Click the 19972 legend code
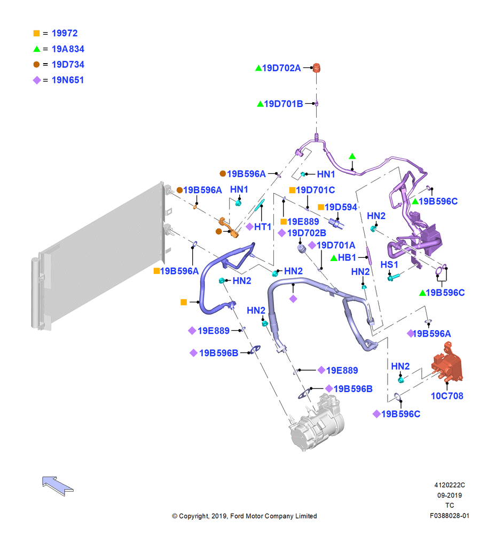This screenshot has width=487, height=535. (x=65, y=33)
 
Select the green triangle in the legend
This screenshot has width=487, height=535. (x=37, y=49)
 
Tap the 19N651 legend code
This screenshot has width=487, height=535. (x=68, y=80)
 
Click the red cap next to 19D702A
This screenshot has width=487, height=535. (x=316, y=67)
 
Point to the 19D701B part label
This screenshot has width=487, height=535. (x=284, y=104)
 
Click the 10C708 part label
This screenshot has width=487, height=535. (x=447, y=396)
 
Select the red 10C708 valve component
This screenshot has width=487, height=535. (x=447, y=363)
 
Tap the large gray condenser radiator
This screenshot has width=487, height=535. (x=99, y=256)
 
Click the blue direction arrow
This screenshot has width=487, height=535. (x=57, y=486)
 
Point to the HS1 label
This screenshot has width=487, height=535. (x=389, y=265)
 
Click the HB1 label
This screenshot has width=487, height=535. (x=347, y=258)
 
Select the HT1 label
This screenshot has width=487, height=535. (x=263, y=226)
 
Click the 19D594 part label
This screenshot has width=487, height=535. (x=341, y=207)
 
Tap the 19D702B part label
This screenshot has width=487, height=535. (x=307, y=233)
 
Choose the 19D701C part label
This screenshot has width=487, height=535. (x=316, y=190)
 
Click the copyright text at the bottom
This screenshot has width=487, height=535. (x=245, y=516)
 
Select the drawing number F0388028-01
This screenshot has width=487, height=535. (x=450, y=516)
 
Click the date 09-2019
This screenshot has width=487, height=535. (x=450, y=495)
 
